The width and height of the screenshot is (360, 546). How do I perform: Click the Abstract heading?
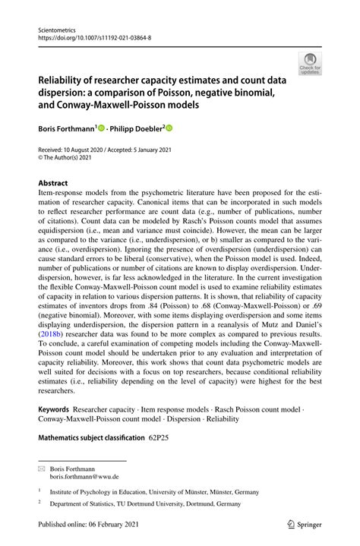53,183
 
